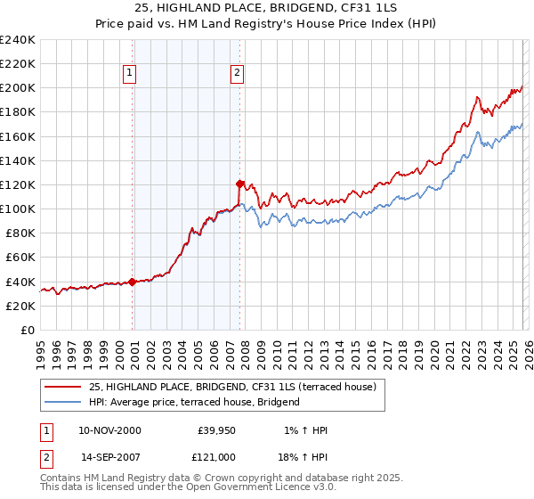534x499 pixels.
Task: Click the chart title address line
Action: [x=267, y=9]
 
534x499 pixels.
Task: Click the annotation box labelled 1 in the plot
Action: [x=130, y=74]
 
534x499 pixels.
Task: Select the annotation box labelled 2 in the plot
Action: [x=239, y=74]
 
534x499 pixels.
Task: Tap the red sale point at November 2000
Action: [x=133, y=282]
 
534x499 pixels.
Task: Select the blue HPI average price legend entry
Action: [x=194, y=402]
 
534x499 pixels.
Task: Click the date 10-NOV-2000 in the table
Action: [x=109, y=430]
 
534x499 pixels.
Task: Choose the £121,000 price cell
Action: [x=217, y=456]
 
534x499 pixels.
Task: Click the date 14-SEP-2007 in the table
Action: [x=109, y=456]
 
